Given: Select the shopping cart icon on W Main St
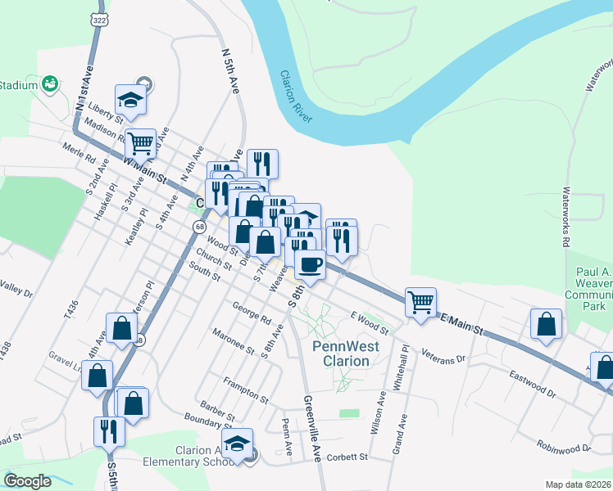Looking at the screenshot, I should (141, 142).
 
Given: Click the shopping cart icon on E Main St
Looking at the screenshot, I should (421, 300).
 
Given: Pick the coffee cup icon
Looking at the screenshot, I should (311, 264).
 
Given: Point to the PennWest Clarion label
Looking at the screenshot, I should (345, 353).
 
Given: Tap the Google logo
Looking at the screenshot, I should (28, 481).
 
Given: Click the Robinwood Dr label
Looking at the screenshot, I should (564, 447).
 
